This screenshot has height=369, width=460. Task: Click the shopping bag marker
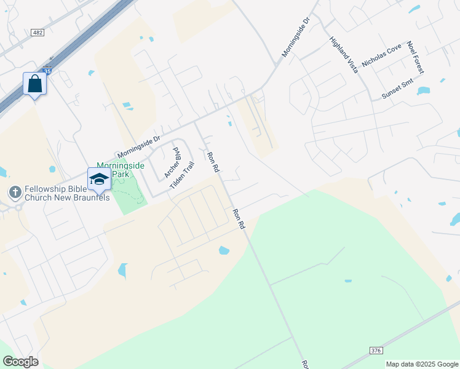pos(34,84)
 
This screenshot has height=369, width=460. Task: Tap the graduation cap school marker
pos(99,179)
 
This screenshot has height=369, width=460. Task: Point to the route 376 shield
pos(376,350)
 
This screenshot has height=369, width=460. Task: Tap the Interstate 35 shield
pos(48,72)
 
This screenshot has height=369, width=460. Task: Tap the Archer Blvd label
pos(172,162)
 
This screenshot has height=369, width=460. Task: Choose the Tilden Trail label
pos(182,175)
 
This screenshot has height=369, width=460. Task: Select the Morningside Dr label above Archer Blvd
pos(138,145)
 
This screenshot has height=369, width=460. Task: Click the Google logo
pos(20,362)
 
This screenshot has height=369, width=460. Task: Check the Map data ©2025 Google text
pos(422,364)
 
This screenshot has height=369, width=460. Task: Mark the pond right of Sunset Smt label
pos(423,91)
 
